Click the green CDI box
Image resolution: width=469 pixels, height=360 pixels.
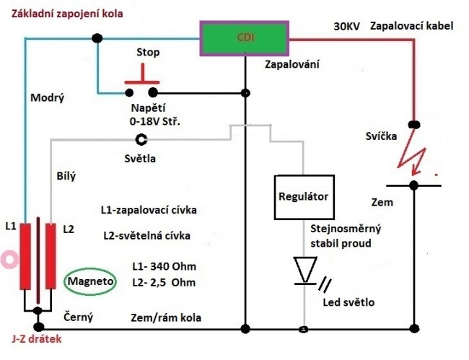245,36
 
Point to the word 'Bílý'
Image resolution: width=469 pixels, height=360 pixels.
66,175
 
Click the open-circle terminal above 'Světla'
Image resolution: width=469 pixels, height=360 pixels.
142,139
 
